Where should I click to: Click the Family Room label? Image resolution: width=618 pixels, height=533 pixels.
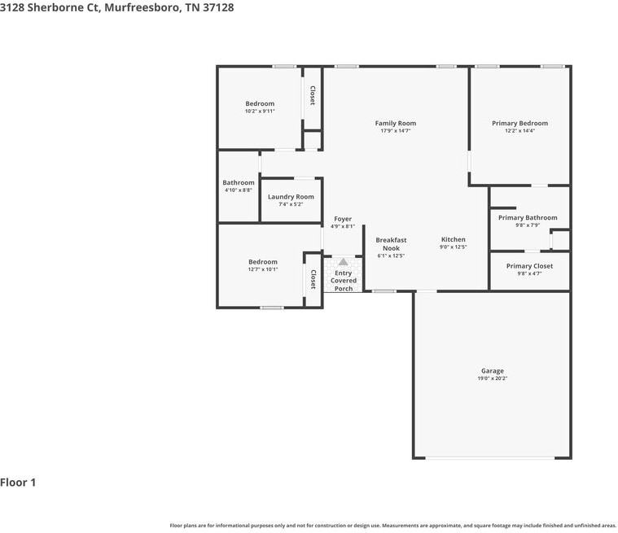click(395, 124)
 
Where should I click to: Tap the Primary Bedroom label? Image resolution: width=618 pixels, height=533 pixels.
click(519, 124)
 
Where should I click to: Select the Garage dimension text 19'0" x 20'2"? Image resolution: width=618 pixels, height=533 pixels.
click(492, 378)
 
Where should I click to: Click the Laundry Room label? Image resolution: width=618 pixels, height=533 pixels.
click(291, 197)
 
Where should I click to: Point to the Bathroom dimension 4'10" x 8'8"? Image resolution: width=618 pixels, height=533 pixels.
click(239, 190)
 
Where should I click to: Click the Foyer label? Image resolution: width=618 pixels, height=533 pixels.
click(343, 219)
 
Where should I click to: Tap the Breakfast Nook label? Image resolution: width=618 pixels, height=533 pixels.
click(391, 244)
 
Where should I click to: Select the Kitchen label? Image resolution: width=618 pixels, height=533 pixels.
click(454, 239)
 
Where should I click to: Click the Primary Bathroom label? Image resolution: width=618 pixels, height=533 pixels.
click(528, 218)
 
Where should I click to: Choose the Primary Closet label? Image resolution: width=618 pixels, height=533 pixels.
click(529, 266)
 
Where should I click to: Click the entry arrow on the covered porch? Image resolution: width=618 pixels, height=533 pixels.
click(343, 263)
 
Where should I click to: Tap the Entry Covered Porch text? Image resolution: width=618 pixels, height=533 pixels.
click(343, 281)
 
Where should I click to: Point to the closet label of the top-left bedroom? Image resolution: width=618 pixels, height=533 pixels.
click(312, 96)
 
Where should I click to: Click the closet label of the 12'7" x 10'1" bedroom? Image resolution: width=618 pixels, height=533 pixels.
click(313, 279)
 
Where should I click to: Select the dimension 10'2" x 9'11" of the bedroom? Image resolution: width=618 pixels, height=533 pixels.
click(260, 111)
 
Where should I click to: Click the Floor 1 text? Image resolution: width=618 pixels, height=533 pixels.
click(19, 483)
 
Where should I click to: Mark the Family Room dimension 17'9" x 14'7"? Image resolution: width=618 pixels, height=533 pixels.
click(395, 131)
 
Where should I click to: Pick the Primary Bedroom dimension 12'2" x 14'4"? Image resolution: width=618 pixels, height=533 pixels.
click(519, 131)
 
